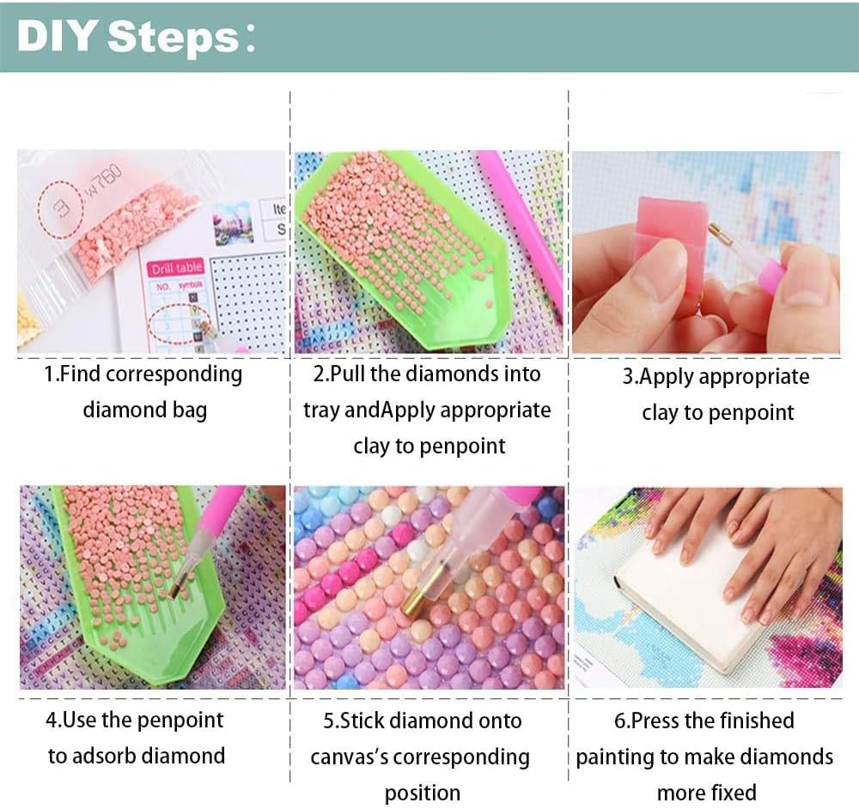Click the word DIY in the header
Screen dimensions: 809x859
[56, 39]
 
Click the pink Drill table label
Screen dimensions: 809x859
[176, 269]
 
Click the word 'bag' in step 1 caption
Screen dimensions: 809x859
[188, 411]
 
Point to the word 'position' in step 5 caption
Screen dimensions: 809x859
[422, 793]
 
